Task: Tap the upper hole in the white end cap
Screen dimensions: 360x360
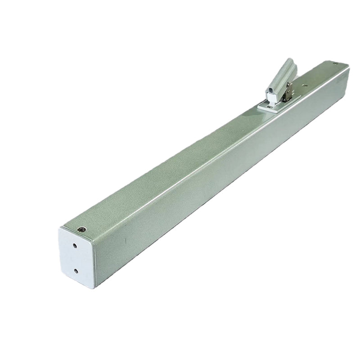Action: [74, 246]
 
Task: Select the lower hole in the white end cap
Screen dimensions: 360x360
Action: [76, 271]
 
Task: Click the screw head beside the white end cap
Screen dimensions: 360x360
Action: [81, 229]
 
